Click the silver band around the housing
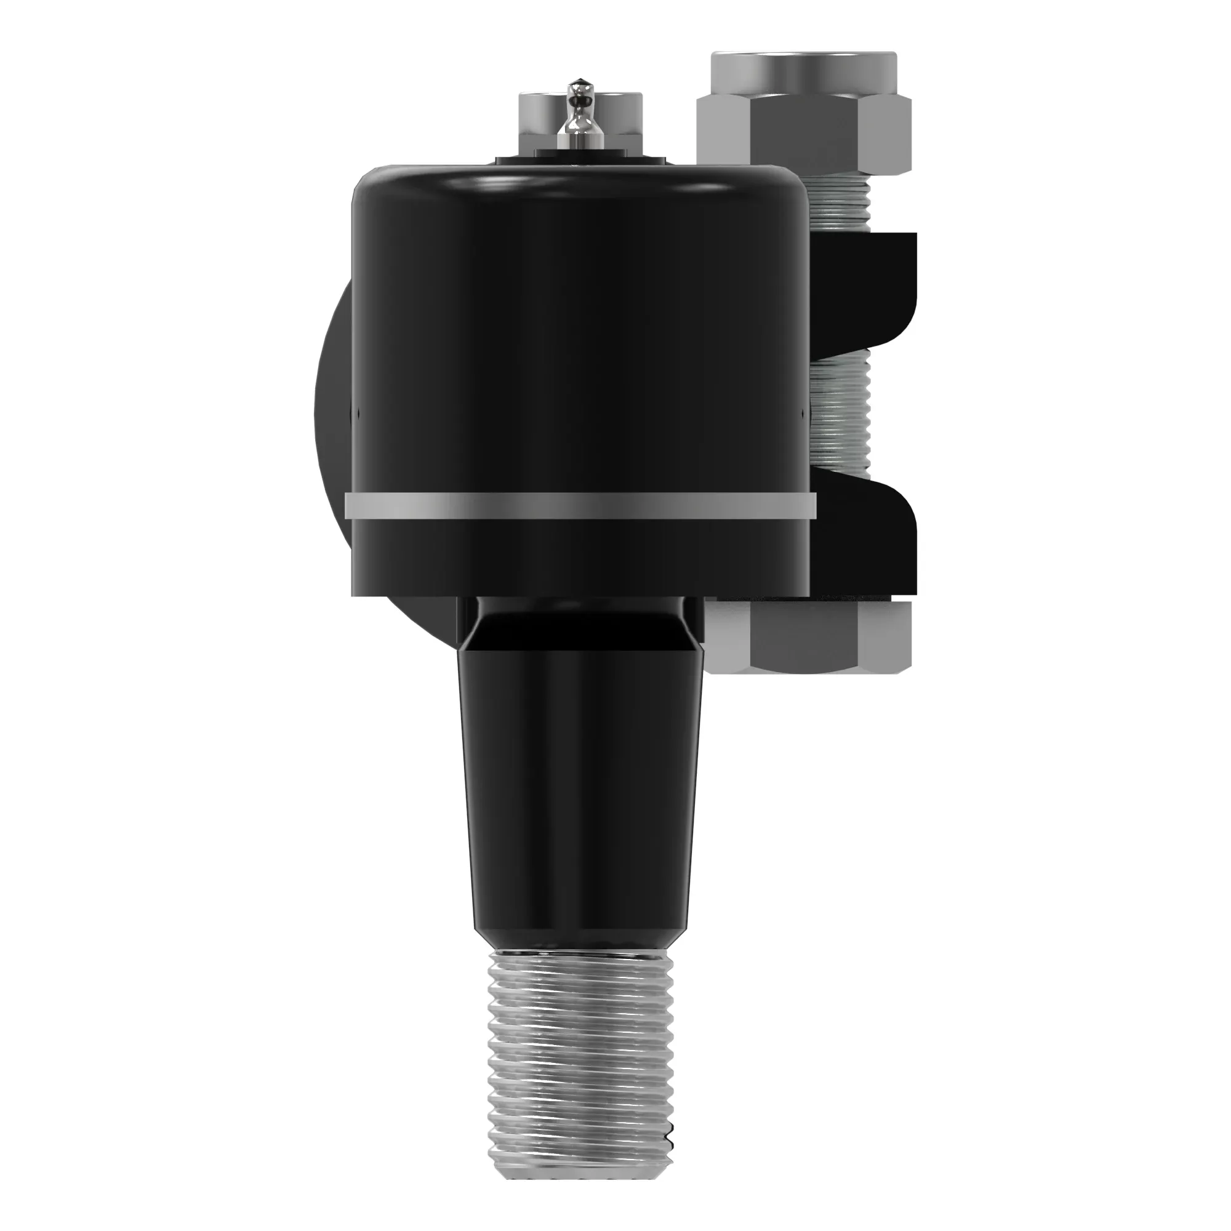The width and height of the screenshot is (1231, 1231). (x=580, y=506)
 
